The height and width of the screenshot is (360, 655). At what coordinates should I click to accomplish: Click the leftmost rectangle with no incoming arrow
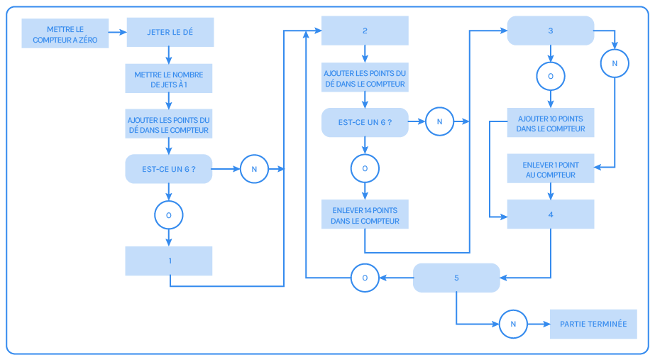coord(65,33)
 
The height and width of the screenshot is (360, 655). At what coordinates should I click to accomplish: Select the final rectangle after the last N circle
coord(593,324)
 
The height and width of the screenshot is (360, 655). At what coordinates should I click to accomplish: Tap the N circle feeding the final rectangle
coord(513,324)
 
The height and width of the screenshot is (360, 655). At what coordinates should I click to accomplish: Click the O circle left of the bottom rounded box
coord(365,278)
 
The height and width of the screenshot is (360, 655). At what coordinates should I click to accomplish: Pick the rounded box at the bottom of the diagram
coord(456,278)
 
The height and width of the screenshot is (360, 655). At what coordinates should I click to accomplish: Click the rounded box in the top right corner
coord(550,31)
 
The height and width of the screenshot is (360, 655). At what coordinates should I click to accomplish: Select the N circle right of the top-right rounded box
coord(615,64)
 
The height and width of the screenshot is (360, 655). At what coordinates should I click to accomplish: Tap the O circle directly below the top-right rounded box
coord(550,75)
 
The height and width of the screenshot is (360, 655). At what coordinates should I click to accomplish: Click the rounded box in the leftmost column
coord(169,169)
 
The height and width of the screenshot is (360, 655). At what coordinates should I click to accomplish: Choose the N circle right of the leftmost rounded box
coord(254,169)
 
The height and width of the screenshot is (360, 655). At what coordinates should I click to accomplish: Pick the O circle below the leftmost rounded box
coord(169,214)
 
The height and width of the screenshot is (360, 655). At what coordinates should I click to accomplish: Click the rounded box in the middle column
coord(365,122)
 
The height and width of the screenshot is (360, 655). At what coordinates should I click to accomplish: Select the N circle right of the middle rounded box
coord(439,122)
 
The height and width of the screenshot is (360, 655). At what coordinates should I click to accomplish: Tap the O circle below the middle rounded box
coord(365,168)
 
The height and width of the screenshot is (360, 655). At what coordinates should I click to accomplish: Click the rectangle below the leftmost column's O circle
coord(169,261)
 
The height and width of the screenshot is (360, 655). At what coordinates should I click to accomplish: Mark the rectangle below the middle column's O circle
coord(365,214)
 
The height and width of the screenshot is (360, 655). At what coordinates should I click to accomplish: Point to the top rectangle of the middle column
coord(365,31)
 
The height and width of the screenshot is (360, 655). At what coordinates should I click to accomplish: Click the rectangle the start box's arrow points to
coord(170,32)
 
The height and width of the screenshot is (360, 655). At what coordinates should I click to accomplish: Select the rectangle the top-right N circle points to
coord(550,168)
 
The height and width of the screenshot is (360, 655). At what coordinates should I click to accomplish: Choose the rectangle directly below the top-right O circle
coord(550,123)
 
